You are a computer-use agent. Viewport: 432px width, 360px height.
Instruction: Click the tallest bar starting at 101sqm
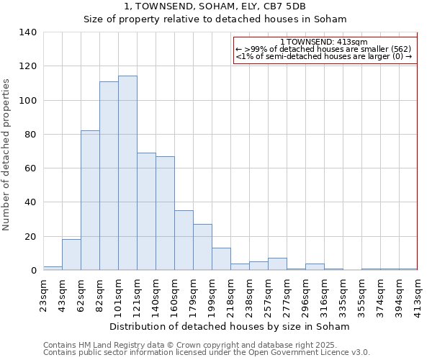tap(127, 173)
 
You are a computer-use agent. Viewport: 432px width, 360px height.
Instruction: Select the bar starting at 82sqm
tap(109, 176)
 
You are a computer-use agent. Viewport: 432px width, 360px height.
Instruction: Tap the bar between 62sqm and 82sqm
tap(90, 200)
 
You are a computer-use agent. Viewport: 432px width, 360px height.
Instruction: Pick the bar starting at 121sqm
tap(146, 212)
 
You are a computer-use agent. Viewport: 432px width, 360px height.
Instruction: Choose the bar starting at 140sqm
tap(165, 213)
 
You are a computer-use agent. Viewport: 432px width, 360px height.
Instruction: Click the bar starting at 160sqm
tap(184, 240)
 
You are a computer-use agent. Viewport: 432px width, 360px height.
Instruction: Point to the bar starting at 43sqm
tap(71, 255)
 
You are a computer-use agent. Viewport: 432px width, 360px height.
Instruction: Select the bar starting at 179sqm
tap(202, 247)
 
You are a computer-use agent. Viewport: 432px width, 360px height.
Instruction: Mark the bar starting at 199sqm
tap(221, 259)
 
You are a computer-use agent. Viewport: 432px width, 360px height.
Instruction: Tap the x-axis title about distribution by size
tap(230, 326)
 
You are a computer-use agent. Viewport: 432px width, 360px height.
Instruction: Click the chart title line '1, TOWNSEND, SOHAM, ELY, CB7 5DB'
tap(215, 6)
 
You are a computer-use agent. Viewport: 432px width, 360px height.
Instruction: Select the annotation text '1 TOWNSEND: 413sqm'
tap(324, 42)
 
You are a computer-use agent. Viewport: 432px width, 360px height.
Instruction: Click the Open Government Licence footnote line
tap(207, 353)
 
